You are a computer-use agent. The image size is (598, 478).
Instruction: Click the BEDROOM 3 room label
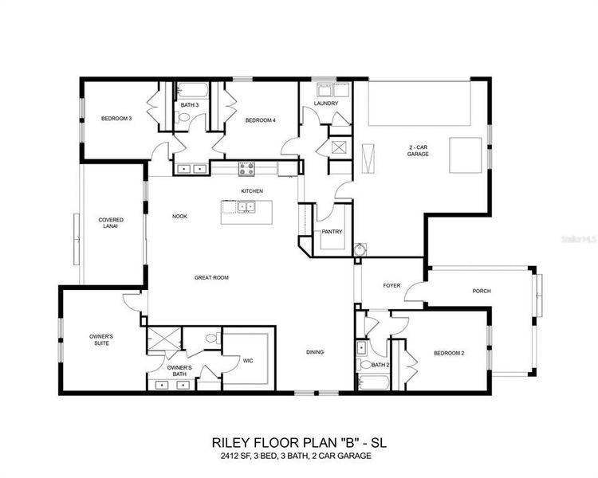tap(116, 119)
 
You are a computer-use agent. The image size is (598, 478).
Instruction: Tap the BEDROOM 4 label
tap(260, 120)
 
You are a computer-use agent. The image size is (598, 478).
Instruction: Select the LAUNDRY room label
tap(326, 104)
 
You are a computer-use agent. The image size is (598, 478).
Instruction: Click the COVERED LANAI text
tap(111, 223)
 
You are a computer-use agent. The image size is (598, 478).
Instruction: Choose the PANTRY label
tap(332, 232)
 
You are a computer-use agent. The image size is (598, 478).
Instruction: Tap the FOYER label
tap(391, 285)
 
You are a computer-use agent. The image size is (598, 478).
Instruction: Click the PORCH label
tap(482, 291)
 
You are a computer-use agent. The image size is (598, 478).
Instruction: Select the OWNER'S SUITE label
tap(101, 340)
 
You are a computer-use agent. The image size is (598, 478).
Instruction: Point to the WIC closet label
tap(247, 361)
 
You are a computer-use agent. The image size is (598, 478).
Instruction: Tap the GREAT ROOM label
tap(211, 277)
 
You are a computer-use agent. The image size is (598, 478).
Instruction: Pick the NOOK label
tap(180, 216)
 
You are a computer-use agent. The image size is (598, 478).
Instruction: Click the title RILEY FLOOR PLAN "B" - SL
tap(299, 441)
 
